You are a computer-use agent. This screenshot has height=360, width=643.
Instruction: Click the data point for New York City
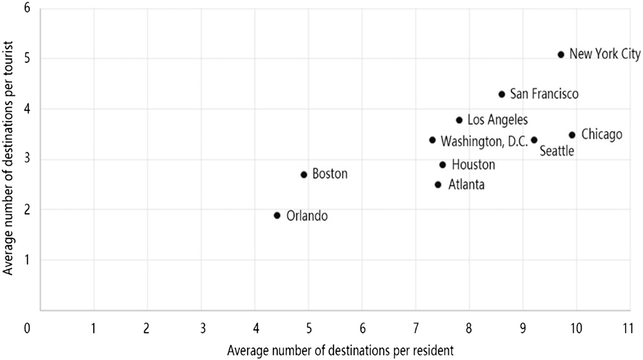point(561,55)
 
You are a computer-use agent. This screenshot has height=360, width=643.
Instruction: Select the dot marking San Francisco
point(502,94)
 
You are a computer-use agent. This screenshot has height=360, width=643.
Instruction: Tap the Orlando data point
point(277,215)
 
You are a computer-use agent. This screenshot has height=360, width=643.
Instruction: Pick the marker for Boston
point(303,175)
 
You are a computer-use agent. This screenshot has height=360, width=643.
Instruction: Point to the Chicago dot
point(572,135)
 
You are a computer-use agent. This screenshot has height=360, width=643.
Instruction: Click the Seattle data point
point(534,140)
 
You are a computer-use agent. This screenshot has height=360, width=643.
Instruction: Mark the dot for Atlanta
point(438,184)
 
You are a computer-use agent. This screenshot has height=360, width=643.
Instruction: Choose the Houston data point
point(442,165)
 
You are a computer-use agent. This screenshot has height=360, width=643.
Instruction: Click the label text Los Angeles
point(497,119)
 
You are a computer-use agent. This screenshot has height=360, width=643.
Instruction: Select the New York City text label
point(605,54)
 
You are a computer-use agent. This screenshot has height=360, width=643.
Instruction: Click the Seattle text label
point(557,151)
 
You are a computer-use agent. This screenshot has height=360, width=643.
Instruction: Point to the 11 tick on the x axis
point(627,328)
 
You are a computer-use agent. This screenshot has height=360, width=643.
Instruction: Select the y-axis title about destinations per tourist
point(8,159)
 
